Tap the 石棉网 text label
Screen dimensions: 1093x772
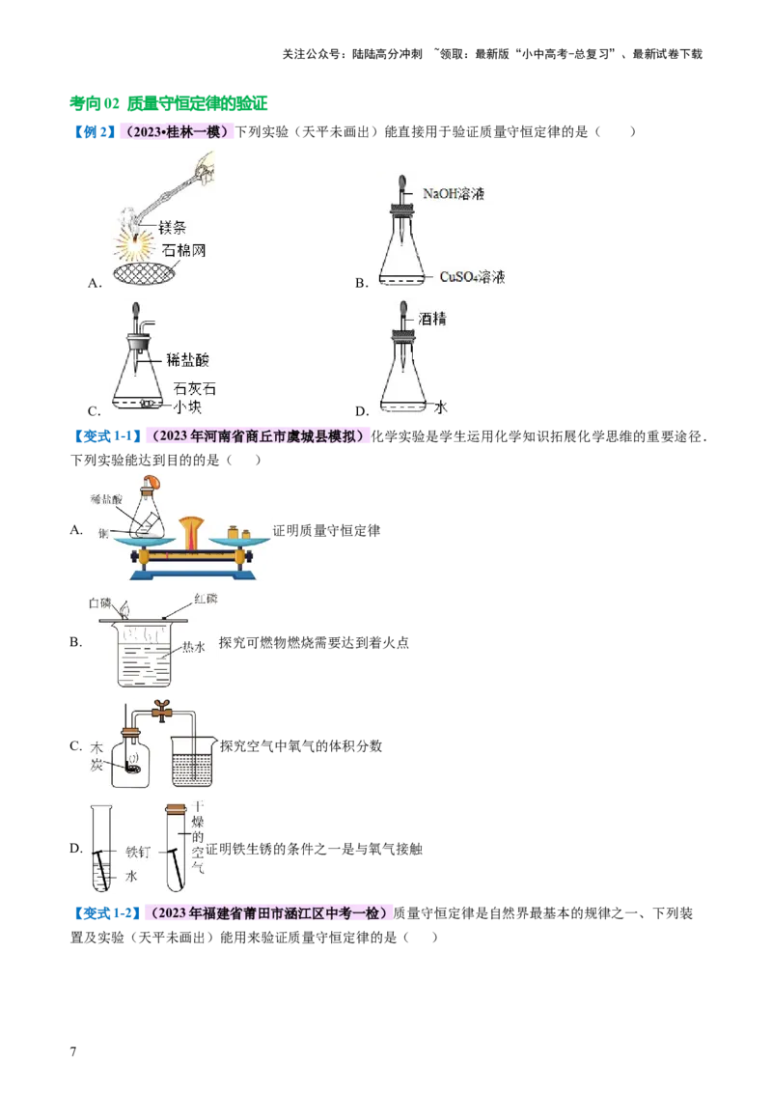tap(183, 250)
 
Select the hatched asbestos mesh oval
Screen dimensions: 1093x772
tap(158, 273)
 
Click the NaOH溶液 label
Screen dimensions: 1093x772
tap(453, 193)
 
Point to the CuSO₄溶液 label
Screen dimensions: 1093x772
tap(472, 277)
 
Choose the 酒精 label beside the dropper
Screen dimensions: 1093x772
tap(432, 318)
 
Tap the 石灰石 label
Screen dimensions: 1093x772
tap(192, 388)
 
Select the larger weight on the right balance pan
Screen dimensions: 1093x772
tap(232, 531)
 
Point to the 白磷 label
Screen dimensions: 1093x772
tap(101, 602)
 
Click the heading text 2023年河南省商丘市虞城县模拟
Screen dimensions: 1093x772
tap(258, 436)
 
